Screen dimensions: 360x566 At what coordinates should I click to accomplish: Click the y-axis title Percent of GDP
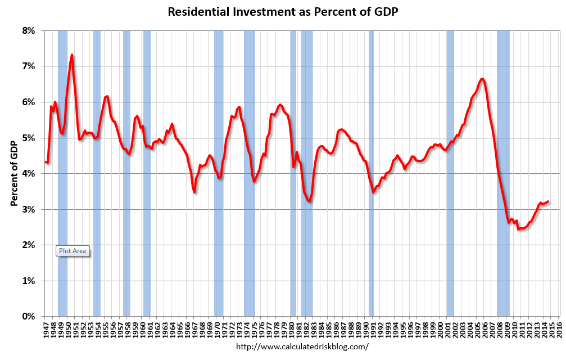15,173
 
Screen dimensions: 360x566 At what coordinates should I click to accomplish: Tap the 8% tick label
28,30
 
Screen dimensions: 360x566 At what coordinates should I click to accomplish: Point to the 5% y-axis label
28,138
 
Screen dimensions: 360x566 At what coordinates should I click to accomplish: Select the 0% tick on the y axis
28,317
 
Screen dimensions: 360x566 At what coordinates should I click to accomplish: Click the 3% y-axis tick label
28,209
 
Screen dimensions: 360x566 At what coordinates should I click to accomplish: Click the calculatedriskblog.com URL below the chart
302,347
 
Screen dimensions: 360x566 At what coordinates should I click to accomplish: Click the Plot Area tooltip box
73,251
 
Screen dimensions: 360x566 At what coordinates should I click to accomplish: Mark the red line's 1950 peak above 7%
72,55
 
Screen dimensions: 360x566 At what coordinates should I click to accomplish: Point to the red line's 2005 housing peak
482,79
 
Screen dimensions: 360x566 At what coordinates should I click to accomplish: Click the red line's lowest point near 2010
519,229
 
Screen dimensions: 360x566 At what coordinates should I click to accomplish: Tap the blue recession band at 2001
450,169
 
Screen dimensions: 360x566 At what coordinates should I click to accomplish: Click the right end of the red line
548,201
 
